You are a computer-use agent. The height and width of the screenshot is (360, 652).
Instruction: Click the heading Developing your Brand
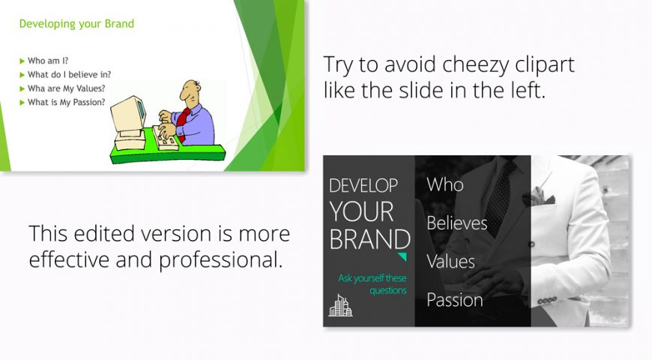click(x=76, y=24)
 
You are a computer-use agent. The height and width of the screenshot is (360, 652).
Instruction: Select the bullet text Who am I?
click(x=48, y=61)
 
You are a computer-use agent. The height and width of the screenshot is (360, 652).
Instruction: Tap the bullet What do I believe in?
click(x=69, y=74)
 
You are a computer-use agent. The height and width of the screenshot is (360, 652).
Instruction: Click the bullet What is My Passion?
click(x=66, y=103)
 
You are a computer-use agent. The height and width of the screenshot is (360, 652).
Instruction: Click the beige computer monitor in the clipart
click(x=128, y=118)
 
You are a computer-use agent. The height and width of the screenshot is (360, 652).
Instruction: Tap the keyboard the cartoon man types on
click(x=165, y=139)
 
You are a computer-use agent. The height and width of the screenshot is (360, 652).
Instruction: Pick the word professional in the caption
click(x=221, y=260)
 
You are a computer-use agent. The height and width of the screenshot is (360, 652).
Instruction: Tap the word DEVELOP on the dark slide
click(x=363, y=185)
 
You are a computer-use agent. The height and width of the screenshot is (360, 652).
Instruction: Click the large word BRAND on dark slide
click(x=370, y=239)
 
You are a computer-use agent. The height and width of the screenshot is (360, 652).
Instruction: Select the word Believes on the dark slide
click(x=457, y=223)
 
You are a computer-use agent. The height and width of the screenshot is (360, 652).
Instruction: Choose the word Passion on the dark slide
click(x=455, y=300)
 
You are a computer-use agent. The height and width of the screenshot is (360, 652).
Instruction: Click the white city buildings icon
click(x=340, y=305)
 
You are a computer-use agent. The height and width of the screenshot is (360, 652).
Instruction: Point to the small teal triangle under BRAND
click(x=402, y=256)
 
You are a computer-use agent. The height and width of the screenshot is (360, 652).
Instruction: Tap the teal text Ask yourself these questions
click(x=372, y=284)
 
